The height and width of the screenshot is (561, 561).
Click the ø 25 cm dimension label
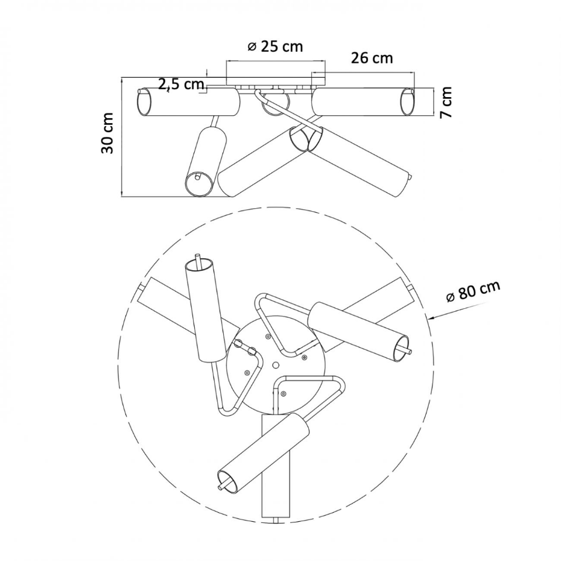click(275, 46)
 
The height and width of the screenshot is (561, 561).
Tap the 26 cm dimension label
click(372, 58)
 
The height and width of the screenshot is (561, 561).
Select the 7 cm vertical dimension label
click(446, 102)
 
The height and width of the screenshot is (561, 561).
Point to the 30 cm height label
click(108, 133)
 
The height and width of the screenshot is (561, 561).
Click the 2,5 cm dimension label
click(181, 84)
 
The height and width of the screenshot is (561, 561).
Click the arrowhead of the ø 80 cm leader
click(431, 317)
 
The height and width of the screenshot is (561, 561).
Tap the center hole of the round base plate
click(276, 365)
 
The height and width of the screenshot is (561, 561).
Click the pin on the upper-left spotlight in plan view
click(198, 260)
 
